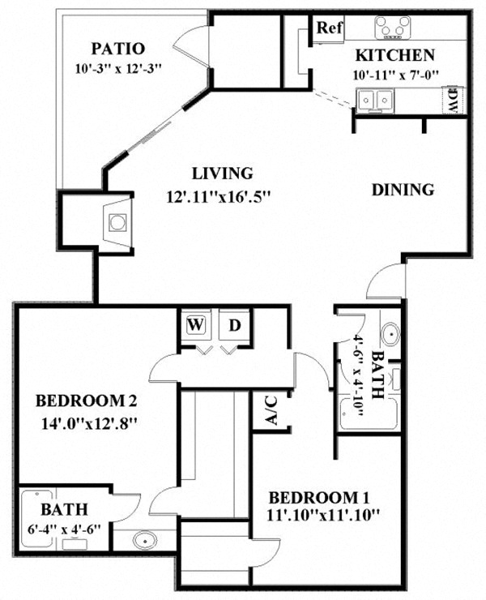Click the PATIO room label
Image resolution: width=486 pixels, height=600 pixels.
click(x=117, y=48)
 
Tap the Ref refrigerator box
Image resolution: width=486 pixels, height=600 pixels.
click(x=330, y=28)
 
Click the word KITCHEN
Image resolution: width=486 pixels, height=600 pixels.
click(x=395, y=56)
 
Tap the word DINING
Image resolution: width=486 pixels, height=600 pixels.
click(x=403, y=190)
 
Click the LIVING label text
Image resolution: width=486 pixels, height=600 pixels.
click(x=222, y=173)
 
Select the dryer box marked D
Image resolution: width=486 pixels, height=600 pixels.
click(x=234, y=325)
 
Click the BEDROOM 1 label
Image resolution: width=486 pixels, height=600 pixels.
click(x=323, y=497)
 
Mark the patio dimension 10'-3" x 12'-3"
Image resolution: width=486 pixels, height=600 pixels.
click(x=117, y=67)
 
